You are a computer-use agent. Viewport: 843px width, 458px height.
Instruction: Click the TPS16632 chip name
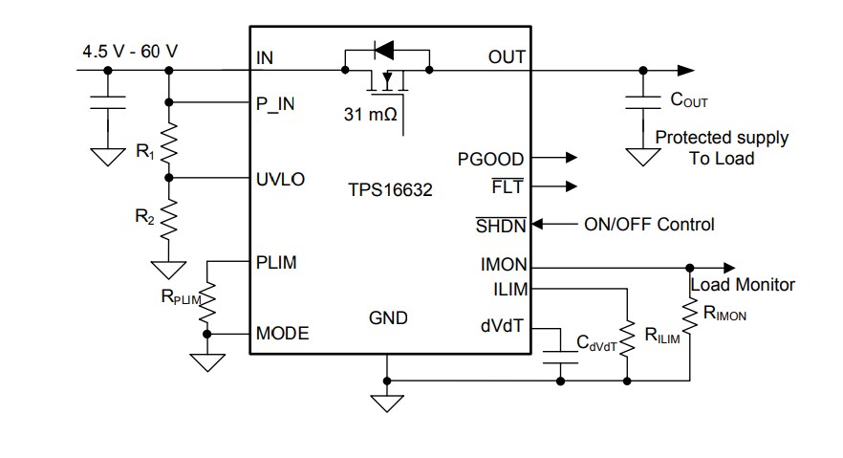pyautogui.click(x=389, y=190)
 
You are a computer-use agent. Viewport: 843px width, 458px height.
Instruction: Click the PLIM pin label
pyautogui.click(x=276, y=262)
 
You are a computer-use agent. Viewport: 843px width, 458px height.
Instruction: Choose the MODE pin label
pyautogui.click(x=282, y=334)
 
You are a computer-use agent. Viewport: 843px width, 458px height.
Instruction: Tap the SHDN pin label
pyautogui.click(x=500, y=225)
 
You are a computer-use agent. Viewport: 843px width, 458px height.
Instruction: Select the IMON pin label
pyautogui.click(x=503, y=266)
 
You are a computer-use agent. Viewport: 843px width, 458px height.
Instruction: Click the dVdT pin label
pyautogui.click(x=503, y=325)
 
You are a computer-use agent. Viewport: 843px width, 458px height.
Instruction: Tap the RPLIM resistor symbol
pyautogui.click(x=207, y=302)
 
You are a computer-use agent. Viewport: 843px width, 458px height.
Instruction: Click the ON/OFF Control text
pyautogui.click(x=649, y=225)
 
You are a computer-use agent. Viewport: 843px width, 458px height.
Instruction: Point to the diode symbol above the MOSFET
pyautogui.click(x=386, y=48)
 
